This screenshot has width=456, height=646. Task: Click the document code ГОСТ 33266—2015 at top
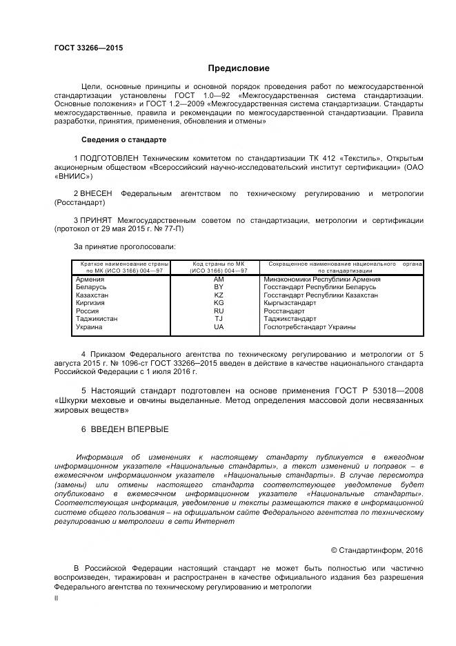pos(88,48)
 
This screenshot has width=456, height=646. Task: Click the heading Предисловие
pos(239,69)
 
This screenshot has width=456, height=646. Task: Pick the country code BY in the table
pos(219,286)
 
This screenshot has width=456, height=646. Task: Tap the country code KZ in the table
pos(219,295)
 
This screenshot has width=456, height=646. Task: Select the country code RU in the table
pos(219,311)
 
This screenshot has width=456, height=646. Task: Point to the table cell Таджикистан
pos(97,319)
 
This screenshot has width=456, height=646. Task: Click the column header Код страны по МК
pos(219,264)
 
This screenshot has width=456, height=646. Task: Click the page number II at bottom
pos(57,599)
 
